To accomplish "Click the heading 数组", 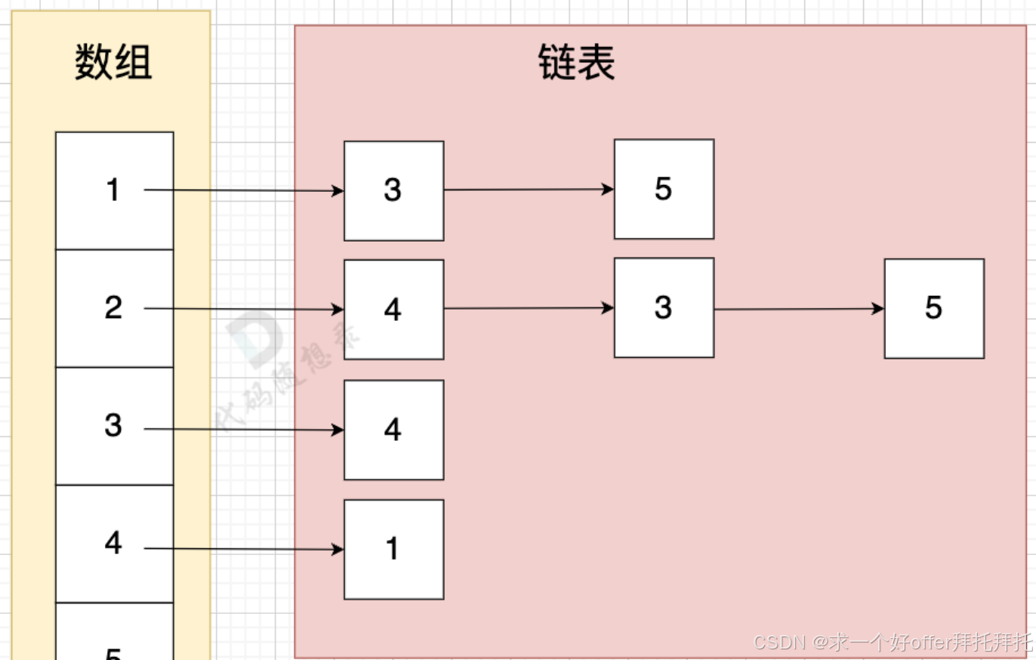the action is pos(113,62).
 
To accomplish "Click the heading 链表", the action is pos(576,62).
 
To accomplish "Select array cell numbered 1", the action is pos(114,190).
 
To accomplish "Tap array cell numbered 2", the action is pos(114,308).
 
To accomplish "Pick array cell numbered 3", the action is pos(114,426).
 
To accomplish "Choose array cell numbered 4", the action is pos(114,544).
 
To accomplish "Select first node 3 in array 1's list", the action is pos(393,191).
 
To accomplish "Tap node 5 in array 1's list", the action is pos(664,189).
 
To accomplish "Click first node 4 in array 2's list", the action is pos(393,310).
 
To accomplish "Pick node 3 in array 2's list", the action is pos(664,307).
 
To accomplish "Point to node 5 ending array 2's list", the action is pos(934,308).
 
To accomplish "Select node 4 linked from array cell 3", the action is pos(393,430).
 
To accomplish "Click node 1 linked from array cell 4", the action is pos(393,549).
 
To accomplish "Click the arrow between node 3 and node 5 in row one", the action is pos(529,190).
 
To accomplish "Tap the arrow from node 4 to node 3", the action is pos(529,308).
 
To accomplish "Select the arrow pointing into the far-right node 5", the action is pos(799,309).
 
